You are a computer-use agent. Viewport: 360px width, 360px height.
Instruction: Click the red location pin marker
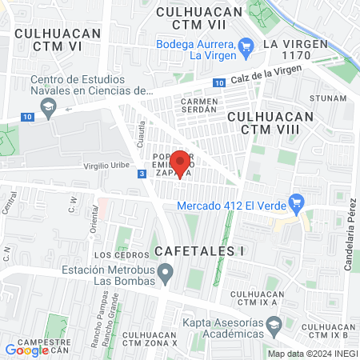[x=181, y=162]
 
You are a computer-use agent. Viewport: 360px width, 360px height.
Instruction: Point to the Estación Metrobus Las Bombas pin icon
[x=166, y=276]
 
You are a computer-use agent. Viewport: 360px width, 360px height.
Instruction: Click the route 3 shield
[x=142, y=174]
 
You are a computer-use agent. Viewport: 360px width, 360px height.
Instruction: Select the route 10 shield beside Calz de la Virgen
[x=219, y=82]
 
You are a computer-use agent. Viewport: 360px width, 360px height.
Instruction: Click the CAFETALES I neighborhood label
[x=199, y=250]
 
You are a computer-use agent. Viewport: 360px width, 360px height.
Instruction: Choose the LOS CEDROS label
[x=111, y=255]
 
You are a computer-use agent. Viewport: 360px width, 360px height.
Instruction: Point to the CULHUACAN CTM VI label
[x=58, y=40]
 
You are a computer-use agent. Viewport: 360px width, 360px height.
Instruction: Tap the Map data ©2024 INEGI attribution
[x=312, y=354]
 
